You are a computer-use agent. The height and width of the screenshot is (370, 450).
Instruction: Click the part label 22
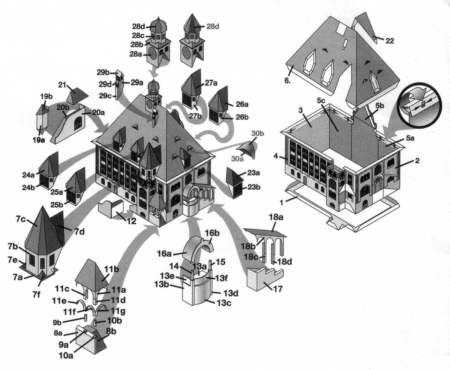click(x=390, y=41)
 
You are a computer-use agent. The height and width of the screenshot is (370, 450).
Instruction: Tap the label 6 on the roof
click(x=288, y=80)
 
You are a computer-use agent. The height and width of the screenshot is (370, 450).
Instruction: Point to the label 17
click(x=278, y=289)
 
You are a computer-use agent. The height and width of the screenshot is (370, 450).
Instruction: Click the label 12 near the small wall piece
click(x=131, y=221)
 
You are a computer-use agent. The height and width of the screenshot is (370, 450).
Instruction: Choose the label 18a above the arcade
click(x=276, y=218)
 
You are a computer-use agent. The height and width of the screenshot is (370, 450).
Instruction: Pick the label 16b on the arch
click(x=212, y=233)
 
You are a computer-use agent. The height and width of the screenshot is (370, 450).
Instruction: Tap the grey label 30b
click(x=257, y=134)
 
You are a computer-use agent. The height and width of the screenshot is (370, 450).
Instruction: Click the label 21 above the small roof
click(x=62, y=85)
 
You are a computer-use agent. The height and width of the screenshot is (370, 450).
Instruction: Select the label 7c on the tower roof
click(x=21, y=219)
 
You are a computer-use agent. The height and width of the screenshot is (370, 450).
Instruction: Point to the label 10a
click(x=66, y=355)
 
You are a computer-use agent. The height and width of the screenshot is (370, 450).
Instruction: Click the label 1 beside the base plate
click(x=282, y=202)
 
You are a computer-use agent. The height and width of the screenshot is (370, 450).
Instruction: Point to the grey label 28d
click(x=212, y=27)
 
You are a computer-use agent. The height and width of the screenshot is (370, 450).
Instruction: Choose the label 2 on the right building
click(x=417, y=160)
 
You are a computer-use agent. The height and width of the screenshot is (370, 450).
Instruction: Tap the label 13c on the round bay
click(x=224, y=303)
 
